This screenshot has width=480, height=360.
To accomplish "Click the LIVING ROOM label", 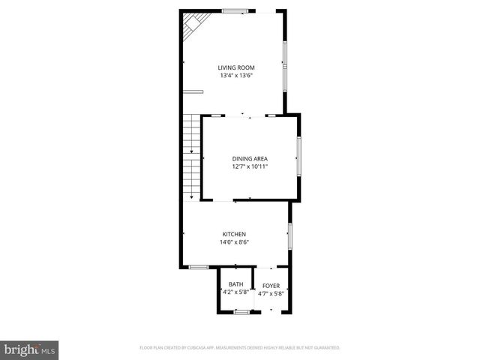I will tap(236, 67).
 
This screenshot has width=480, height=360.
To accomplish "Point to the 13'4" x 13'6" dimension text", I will tap(236, 76).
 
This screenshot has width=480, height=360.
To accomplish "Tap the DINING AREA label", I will tap(250, 158).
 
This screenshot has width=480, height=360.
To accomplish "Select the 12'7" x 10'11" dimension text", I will tap(250, 166).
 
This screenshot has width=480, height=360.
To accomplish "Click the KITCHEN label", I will tap(234, 234).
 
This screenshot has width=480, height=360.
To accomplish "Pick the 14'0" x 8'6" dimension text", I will tap(234, 242).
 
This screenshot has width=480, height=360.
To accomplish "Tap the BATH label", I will tap(236, 284).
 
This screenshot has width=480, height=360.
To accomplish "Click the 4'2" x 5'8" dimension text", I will tap(236, 292).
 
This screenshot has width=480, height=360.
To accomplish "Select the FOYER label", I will tap(270, 286).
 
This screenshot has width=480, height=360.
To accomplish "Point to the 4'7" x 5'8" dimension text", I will tap(270, 293).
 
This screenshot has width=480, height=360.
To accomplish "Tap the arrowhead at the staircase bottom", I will tap(192, 196).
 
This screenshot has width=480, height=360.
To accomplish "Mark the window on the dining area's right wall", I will tap(299, 157).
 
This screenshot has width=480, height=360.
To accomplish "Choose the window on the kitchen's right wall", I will tap(289, 235).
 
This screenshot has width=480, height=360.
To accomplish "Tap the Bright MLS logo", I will tap(30, 349).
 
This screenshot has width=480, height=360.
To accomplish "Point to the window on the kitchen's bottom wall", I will tap(199, 267).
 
